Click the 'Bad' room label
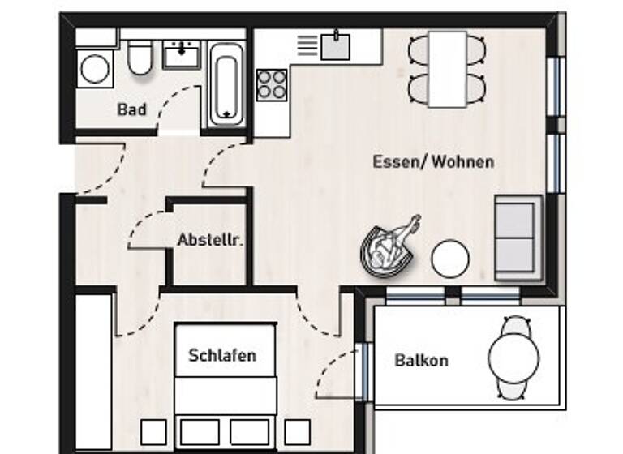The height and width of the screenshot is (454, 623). (x=132, y=109)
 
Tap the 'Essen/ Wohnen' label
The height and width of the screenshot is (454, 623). (x=433, y=161)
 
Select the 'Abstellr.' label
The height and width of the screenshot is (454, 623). (x=211, y=240)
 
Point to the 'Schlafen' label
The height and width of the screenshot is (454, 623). (x=222, y=355)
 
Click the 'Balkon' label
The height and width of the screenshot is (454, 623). (x=421, y=360)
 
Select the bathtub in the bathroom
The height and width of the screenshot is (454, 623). (x=226, y=84)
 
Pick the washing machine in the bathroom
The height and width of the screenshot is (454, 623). (x=95, y=68)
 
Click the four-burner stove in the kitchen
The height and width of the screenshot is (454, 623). (x=273, y=84)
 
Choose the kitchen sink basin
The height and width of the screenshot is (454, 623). (x=335, y=46)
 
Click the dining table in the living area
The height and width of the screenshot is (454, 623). (x=448, y=69)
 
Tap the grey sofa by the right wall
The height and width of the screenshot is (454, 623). (x=517, y=237)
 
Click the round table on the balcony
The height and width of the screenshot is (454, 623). (x=513, y=358)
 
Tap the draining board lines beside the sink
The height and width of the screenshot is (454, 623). (x=307, y=45)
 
